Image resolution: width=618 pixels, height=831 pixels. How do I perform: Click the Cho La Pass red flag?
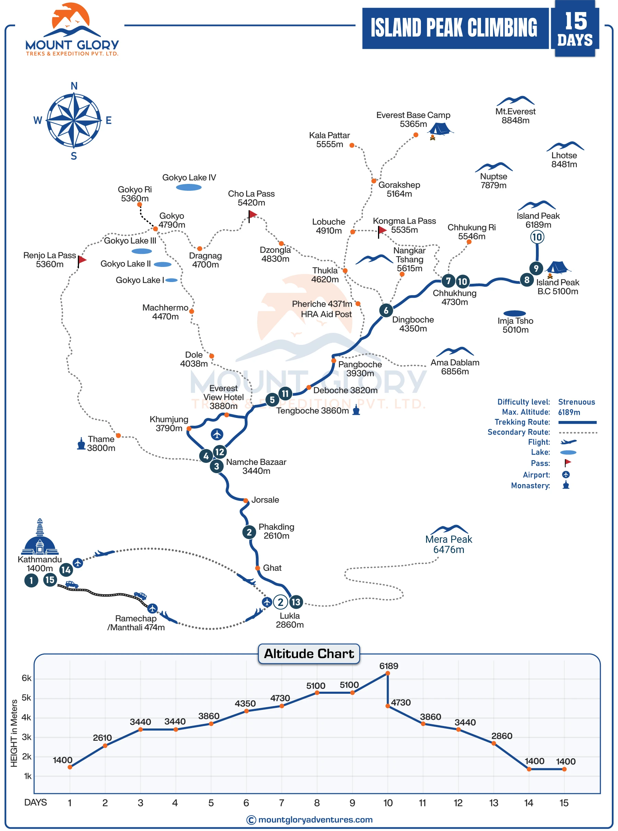pyautogui.click(x=252, y=214)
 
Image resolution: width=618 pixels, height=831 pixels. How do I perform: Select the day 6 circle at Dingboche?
pyautogui.click(x=386, y=310)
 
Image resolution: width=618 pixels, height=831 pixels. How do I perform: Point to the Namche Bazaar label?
pyautogui.click(x=256, y=466)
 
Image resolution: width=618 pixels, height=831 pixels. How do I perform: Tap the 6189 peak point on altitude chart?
pyautogui.click(x=388, y=673)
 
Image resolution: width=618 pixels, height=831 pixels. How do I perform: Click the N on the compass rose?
pyautogui.click(x=74, y=86)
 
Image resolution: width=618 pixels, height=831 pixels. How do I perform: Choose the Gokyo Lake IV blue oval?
pyautogui.click(x=188, y=187)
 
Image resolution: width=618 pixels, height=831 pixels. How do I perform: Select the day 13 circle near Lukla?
pyautogui.click(x=296, y=602)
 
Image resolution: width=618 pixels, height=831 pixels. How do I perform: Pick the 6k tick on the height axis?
pyautogui.click(x=26, y=678)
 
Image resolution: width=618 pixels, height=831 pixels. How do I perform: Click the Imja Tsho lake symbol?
pyautogui.click(x=514, y=313)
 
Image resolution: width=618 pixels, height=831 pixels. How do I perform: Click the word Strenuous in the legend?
pyautogui.click(x=576, y=402)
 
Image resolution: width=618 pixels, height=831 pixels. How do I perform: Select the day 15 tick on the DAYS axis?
pyautogui.click(x=564, y=803)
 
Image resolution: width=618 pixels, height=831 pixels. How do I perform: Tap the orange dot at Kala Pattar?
pyautogui.click(x=352, y=145)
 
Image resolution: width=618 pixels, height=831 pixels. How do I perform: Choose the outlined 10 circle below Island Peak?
pyautogui.click(x=537, y=237)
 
